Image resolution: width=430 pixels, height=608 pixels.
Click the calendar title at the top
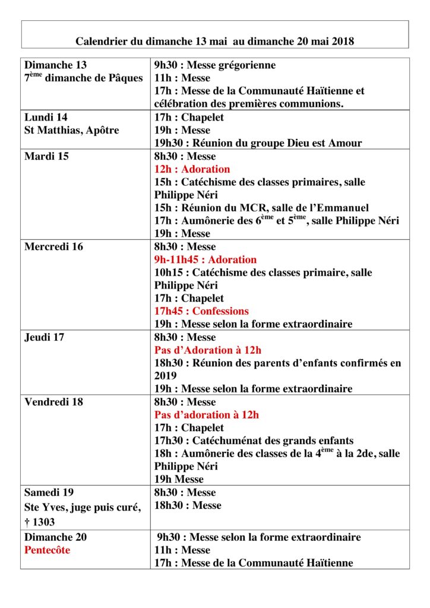point(214,41)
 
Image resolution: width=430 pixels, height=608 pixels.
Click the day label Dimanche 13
point(56,65)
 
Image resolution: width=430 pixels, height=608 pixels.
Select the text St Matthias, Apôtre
point(72,130)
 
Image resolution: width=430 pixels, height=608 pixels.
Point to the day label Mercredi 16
point(54,246)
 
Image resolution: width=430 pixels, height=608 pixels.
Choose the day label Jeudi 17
point(45,337)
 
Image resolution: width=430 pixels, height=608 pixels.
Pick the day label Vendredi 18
point(53,402)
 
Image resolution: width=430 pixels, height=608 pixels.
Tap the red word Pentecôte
point(48,550)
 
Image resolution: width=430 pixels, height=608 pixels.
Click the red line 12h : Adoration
point(192,169)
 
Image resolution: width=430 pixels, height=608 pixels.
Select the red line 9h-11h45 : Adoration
point(205,259)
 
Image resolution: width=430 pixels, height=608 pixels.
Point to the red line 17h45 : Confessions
point(201,311)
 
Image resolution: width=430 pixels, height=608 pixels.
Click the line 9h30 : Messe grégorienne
point(215,65)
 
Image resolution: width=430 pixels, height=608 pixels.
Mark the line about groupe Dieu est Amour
point(258,143)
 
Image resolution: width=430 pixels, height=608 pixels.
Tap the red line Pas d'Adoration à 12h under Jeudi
point(207,350)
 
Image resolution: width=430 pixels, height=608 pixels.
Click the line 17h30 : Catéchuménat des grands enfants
point(254,441)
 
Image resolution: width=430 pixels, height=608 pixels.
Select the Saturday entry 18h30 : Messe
point(188,505)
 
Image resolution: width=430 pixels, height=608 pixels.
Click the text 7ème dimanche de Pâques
point(84,78)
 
